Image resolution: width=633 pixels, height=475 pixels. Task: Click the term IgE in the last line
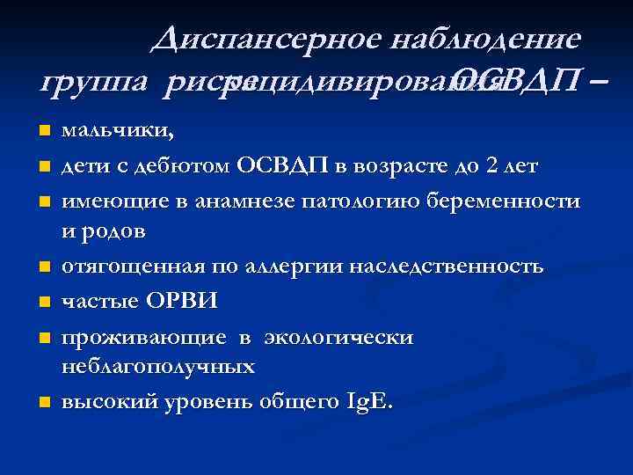pos(372,402)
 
